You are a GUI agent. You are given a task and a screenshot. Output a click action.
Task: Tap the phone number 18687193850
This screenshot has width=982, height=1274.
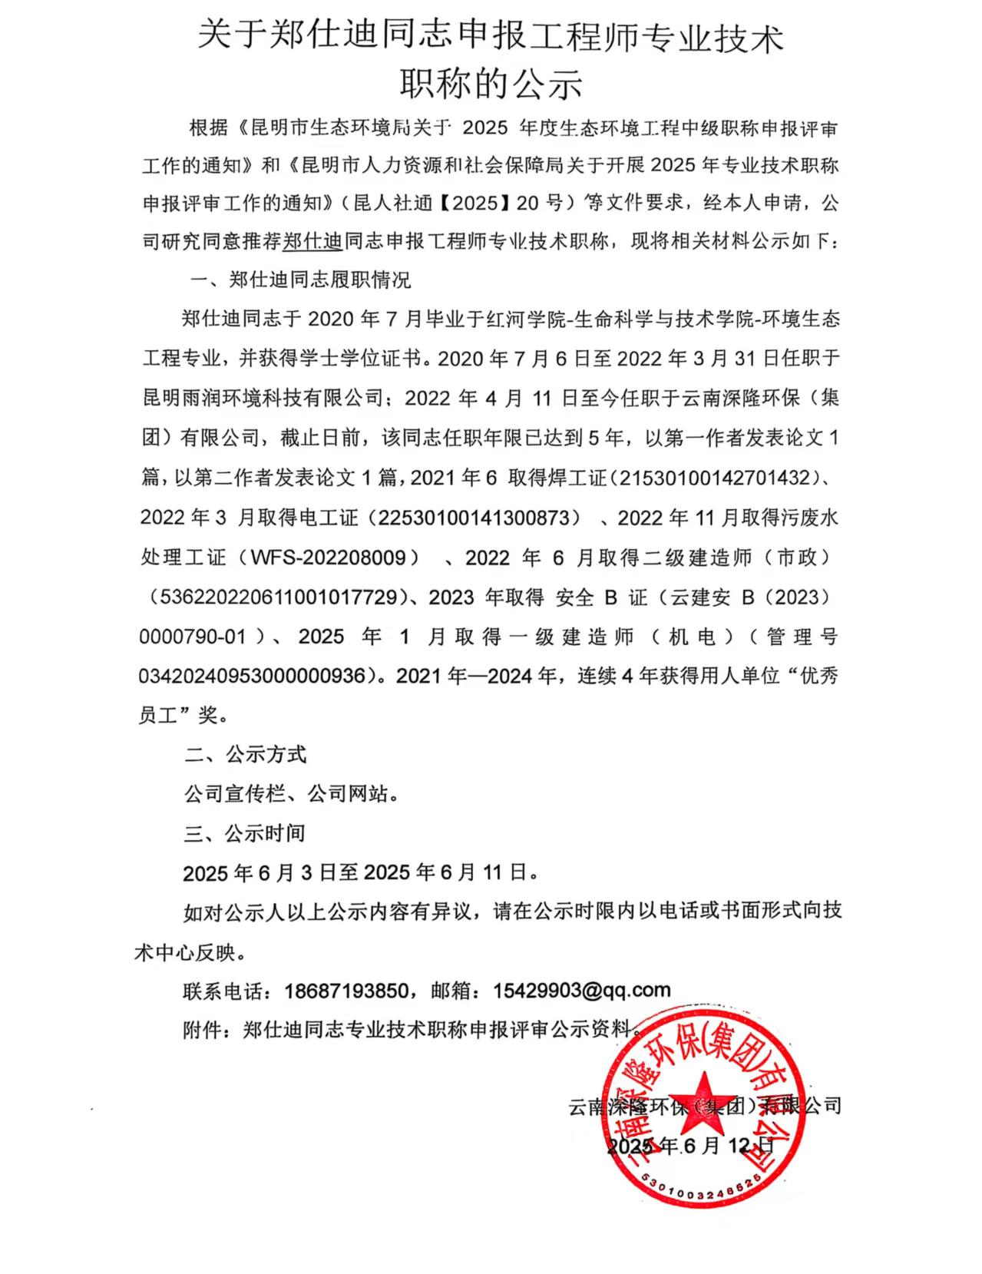[x=346, y=991]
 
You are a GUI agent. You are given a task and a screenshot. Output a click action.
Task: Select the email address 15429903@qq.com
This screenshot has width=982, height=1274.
[x=582, y=991]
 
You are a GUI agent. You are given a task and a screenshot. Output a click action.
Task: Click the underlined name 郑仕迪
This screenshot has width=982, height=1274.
[x=312, y=242]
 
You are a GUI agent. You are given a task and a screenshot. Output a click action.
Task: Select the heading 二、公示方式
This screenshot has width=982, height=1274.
[x=245, y=755]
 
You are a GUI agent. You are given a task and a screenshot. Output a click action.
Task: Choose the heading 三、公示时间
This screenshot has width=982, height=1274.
[x=244, y=834]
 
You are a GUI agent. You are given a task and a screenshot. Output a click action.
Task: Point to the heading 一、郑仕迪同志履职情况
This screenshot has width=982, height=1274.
[x=300, y=280]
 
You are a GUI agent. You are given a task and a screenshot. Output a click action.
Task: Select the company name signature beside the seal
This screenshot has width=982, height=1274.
[x=705, y=1107]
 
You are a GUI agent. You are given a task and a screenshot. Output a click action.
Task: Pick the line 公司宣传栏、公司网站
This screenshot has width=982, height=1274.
[x=291, y=794]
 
